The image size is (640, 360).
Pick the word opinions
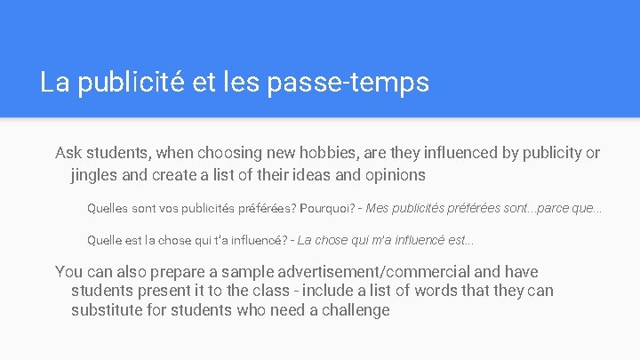tap(393, 174)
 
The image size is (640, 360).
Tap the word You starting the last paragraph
tap(70, 272)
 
